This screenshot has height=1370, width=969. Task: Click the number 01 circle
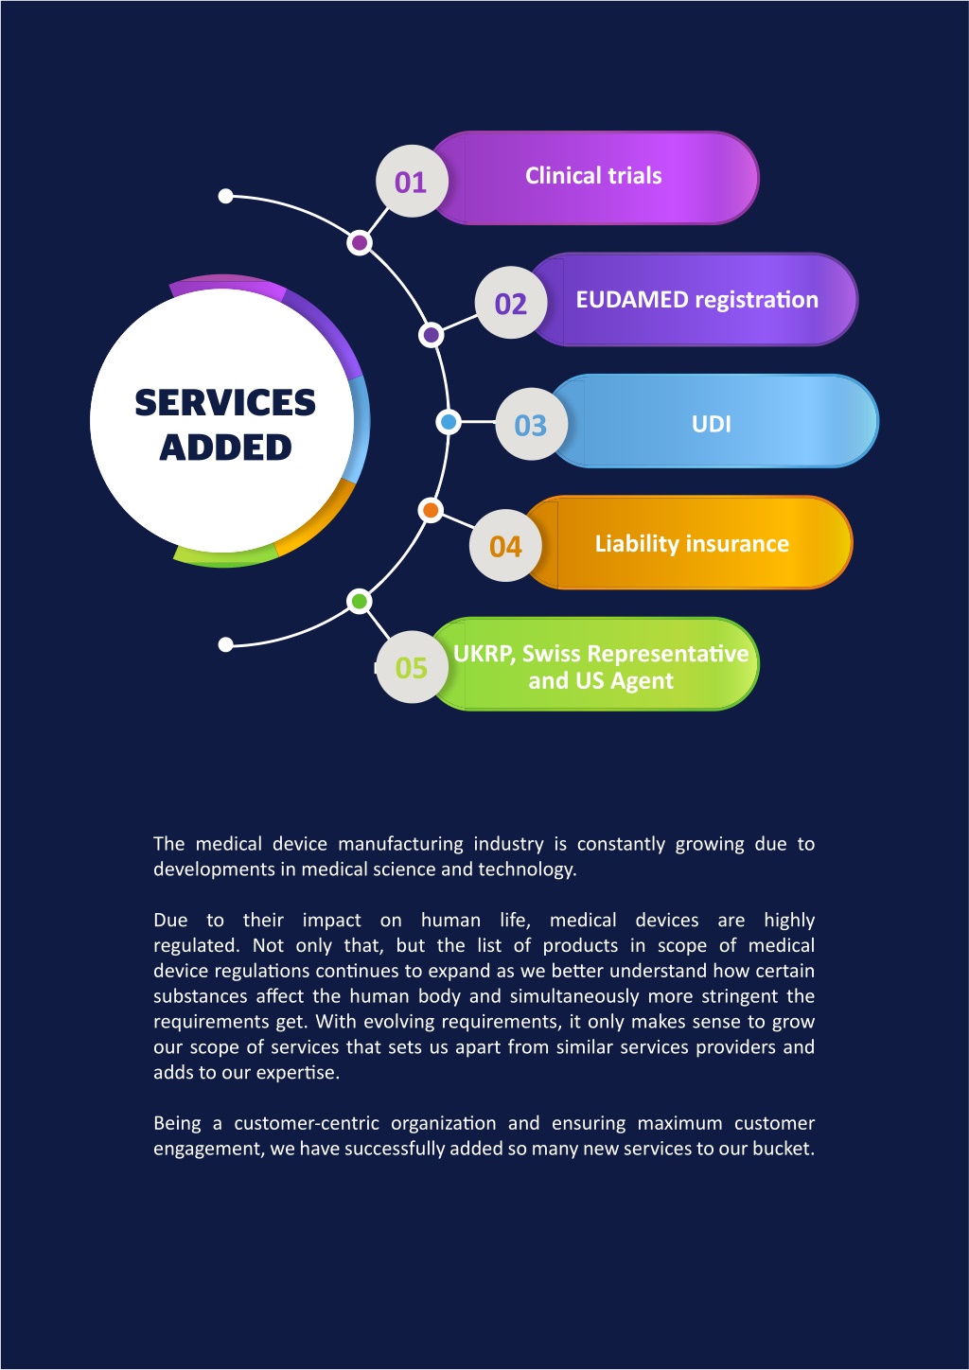pos(412,181)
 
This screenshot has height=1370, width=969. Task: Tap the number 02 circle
pos(511,303)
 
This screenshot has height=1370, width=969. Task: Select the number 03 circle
pos(531,425)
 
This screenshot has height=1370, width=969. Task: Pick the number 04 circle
pos(505,546)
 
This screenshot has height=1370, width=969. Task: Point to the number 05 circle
pos(412,667)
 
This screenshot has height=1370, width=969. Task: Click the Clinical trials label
pos(593,176)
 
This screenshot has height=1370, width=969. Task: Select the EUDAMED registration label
pos(696,300)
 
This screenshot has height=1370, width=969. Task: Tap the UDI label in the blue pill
pos(711,424)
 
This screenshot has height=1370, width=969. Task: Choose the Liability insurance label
pos(692,544)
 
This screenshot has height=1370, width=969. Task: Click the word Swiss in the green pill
pos(551,654)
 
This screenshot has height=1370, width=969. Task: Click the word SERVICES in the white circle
pos(225,402)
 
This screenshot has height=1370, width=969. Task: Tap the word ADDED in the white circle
pos(225,448)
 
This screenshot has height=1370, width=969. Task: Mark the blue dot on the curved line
pos(449,422)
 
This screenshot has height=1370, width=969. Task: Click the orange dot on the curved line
pos(431,510)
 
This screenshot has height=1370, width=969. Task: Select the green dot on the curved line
pos(359,601)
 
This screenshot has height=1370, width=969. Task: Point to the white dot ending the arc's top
pos(226,196)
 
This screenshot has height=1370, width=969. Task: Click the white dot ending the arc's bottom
pos(226,644)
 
